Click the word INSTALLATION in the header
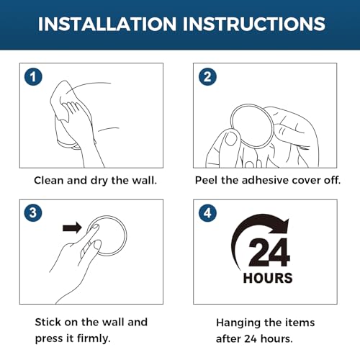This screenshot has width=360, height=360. click(107, 24)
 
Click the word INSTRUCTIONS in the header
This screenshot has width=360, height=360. click(254, 24)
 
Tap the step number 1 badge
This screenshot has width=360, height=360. click(33, 77)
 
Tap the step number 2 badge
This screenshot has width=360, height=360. click(207, 77)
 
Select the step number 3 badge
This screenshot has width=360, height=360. click(33, 213)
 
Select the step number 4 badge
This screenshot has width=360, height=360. click(207, 213)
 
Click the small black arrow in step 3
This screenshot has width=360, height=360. click(72, 228)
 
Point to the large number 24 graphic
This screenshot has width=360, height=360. click(269, 253)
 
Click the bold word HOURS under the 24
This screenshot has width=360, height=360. click(268, 278)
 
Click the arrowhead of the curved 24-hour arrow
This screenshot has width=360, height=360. click(281, 225)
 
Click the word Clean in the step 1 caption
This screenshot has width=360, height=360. click(49, 180)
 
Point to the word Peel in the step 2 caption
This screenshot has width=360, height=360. click(207, 180)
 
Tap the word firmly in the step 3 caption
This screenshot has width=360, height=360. click(94, 338)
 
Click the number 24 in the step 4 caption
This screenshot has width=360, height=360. click(251, 339)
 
